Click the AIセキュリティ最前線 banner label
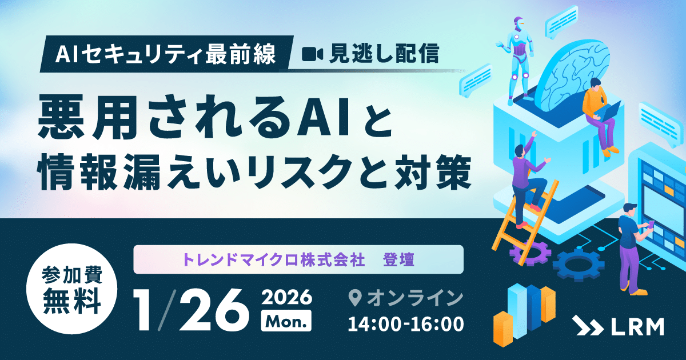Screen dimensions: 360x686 (x=166, y=55)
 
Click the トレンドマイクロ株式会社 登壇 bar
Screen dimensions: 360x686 (x=298, y=259)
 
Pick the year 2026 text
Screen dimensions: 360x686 (x=286, y=297)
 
